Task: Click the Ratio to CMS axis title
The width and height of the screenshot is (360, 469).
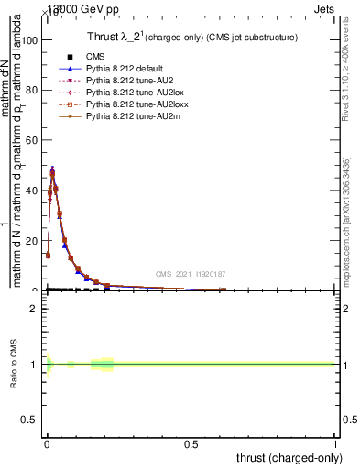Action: click(15, 365)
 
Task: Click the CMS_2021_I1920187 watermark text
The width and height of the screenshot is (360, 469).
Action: click(191, 274)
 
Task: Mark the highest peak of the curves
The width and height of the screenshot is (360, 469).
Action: click(52, 169)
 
